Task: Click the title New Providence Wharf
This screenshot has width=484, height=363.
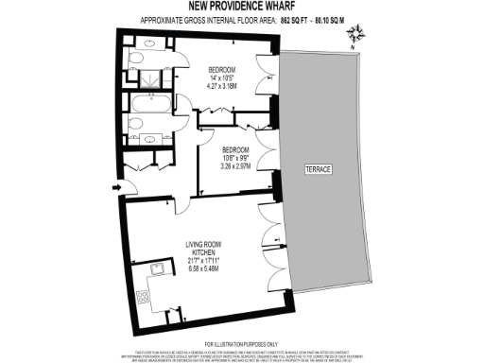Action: point(241,8)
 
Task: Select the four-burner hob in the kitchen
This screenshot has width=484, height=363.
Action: point(144,296)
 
